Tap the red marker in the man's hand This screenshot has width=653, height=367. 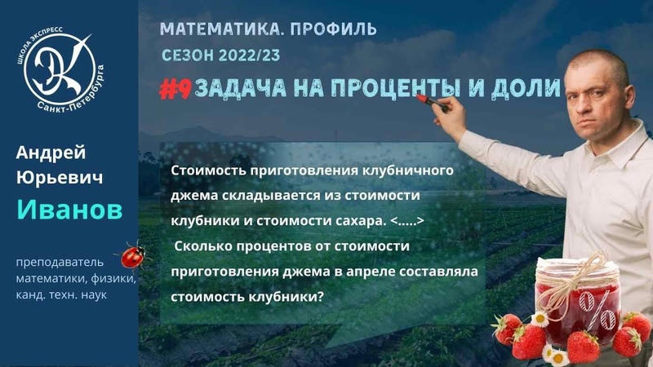[x=428, y=101]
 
